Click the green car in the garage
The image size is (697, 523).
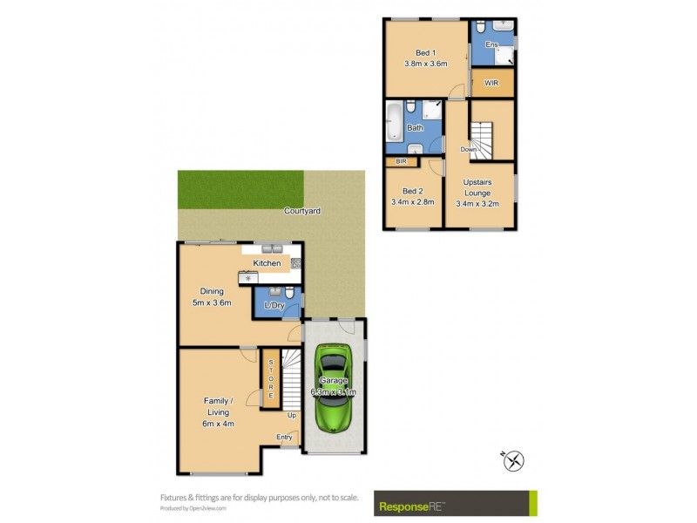[333, 387]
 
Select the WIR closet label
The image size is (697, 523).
[491, 84]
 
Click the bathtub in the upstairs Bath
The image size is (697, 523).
[394, 122]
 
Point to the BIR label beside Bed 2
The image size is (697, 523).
[402, 161]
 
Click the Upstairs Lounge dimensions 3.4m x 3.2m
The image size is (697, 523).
[477, 203]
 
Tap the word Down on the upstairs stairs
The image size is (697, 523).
[469, 149]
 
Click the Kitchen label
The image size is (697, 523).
[267, 262]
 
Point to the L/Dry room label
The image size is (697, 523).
[274, 306]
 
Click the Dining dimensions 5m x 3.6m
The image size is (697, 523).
[212, 302]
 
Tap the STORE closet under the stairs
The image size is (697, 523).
[271, 378]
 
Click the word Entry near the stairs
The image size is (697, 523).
[284, 437]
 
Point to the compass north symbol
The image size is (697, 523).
[514, 460]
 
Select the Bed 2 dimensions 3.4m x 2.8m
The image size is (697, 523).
[413, 203]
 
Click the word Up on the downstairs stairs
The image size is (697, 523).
[293, 415]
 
